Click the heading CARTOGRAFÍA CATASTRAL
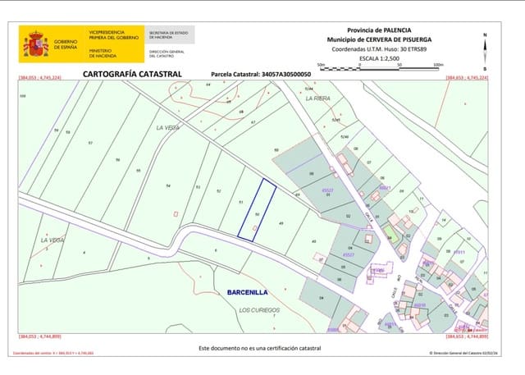point(131,73)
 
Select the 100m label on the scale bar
point(438,64)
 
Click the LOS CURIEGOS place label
point(259,309)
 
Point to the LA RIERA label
point(317,98)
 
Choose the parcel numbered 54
point(167,185)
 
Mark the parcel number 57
point(90,143)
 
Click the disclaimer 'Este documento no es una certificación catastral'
point(260,348)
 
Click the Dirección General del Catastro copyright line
point(458,354)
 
